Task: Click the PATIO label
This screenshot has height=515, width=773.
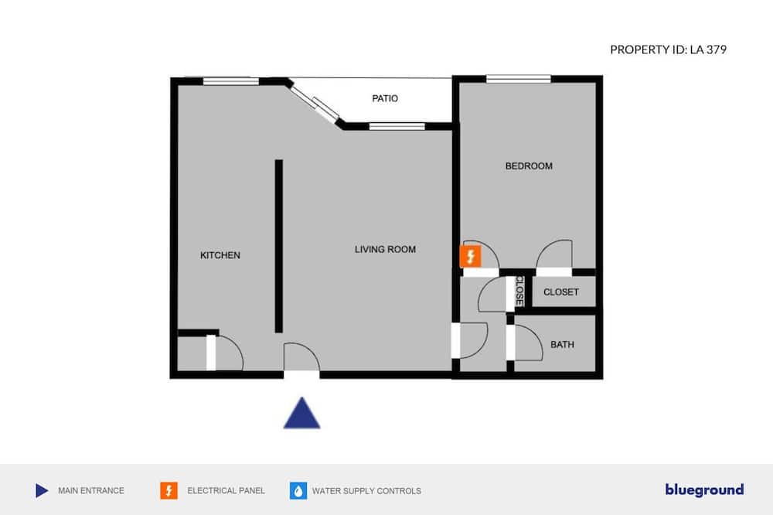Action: pyautogui.click(x=385, y=98)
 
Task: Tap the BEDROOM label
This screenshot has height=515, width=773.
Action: pyautogui.click(x=529, y=165)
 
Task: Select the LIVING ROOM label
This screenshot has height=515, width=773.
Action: pyautogui.click(x=385, y=249)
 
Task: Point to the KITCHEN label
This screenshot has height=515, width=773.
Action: pyautogui.click(x=220, y=255)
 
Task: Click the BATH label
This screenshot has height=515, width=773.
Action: pyautogui.click(x=562, y=344)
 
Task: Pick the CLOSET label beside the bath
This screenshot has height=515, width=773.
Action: pyautogui.click(x=560, y=292)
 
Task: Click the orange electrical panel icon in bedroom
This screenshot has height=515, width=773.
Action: pyautogui.click(x=470, y=257)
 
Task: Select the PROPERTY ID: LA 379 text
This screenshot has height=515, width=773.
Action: pyautogui.click(x=668, y=49)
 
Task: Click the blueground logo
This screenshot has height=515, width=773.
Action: pyautogui.click(x=704, y=489)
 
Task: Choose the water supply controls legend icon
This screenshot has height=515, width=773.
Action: pyautogui.click(x=298, y=490)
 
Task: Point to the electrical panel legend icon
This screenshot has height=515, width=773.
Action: pyautogui.click(x=169, y=490)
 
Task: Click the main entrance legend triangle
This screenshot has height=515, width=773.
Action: pyautogui.click(x=42, y=490)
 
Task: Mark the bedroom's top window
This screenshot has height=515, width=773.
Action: pyautogui.click(x=519, y=78)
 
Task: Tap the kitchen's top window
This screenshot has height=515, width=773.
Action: pyautogui.click(x=230, y=80)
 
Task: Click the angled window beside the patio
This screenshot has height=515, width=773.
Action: pyautogui.click(x=315, y=104)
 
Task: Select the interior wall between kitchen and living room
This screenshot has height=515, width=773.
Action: pyautogui.click(x=279, y=246)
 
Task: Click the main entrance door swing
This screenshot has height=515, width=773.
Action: pyautogui.click(x=301, y=358)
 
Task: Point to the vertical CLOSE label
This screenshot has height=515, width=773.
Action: pyautogui.click(x=519, y=291)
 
